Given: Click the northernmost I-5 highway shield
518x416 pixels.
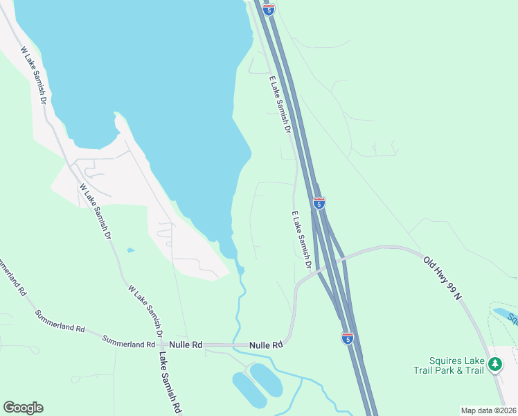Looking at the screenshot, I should pyautogui.click(x=269, y=9).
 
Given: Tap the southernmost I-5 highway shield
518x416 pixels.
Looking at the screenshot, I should pyautogui.click(x=348, y=338).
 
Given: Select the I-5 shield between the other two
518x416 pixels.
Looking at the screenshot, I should pyautogui.click(x=319, y=203).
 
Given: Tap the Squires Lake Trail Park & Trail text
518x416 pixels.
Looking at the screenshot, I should pyautogui.click(x=456, y=365).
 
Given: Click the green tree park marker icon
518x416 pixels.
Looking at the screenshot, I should pyautogui.click(x=494, y=363).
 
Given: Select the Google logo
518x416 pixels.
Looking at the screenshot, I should pyautogui.click(x=23, y=408).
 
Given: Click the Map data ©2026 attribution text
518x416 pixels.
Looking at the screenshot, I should pyautogui.click(x=488, y=410).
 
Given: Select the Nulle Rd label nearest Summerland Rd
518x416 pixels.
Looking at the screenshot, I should pyautogui.click(x=187, y=345).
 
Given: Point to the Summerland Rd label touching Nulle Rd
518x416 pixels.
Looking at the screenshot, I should pyautogui.click(x=129, y=343).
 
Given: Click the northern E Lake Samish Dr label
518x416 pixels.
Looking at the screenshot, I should pyautogui.click(x=280, y=105).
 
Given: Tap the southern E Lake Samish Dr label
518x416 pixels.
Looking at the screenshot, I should pyautogui.click(x=301, y=236).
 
